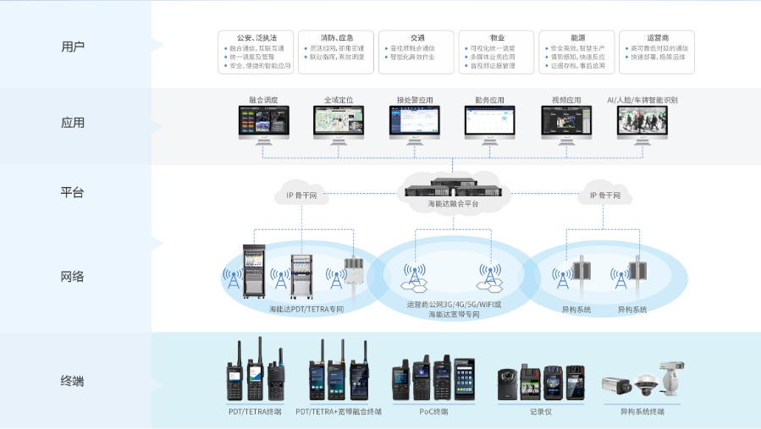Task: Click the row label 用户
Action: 74,46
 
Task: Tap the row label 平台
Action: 74,192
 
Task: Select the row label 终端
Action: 74,381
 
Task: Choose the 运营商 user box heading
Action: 657,38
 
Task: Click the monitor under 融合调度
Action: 263,123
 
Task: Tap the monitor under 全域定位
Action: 339,123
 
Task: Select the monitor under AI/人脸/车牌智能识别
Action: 642,123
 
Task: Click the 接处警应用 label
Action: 414,100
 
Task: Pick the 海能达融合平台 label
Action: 453,204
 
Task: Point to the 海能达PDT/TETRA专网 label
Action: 306,310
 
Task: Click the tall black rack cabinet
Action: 254,272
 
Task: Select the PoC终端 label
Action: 433,411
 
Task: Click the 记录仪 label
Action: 541,411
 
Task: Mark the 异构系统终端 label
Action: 642,411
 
